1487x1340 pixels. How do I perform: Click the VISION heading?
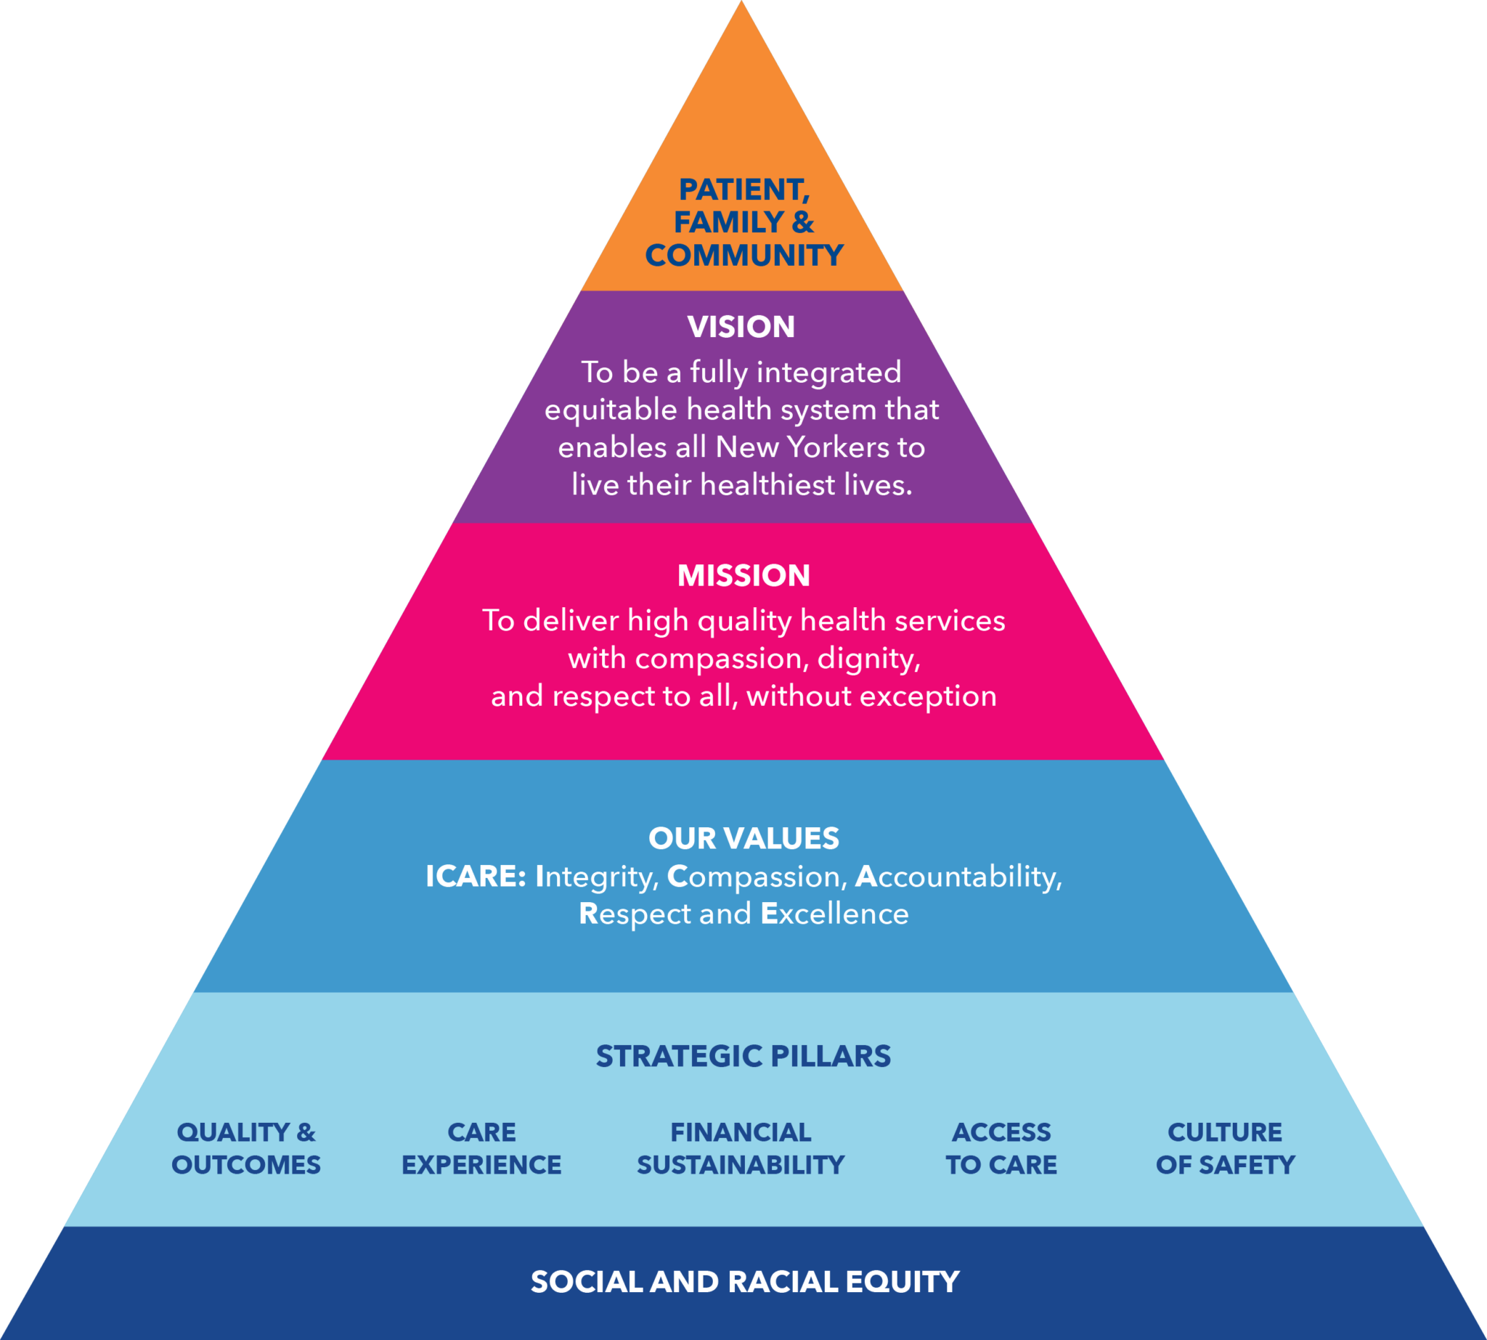pyautogui.click(x=741, y=327)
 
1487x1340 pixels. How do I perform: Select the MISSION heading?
pyautogui.click(x=743, y=575)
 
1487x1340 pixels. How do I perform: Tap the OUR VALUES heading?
pyautogui.click(x=743, y=838)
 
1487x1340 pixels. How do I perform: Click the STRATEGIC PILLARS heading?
pyautogui.click(x=743, y=1056)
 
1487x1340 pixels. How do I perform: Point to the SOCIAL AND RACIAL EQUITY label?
pyautogui.click(x=745, y=1282)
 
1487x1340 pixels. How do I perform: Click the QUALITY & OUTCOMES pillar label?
pyautogui.click(x=246, y=1148)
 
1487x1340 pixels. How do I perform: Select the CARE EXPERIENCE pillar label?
pyautogui.click(x=481, y=1148)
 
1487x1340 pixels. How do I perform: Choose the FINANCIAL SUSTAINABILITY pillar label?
pyautogui.click(x=741, y=1148)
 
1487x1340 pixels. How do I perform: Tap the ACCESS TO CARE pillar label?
pyautogui.click(x=1001, y=1148)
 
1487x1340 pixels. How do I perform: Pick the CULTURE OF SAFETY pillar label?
pyautogui.click(x=1225, y=1148)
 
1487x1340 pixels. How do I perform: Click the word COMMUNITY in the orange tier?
pyautogui.click(x=744, y=256)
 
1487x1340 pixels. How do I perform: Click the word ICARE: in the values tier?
pyautogui.click(x=476, y=876)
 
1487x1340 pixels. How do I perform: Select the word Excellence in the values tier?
pyautogui.click(x=835, y=914)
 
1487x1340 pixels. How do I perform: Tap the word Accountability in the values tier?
pyautogui.click(x=958, y=876)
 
